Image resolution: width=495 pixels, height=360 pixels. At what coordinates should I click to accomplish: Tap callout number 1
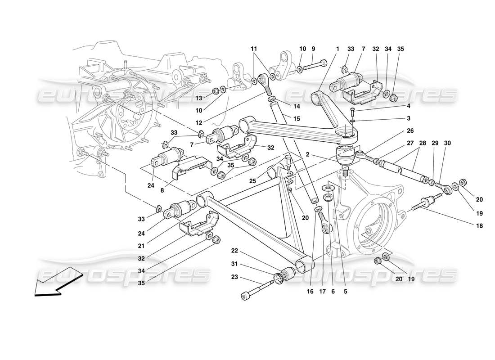coord(337,49)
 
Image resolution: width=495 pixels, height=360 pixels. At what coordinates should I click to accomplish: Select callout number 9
coord(313,49)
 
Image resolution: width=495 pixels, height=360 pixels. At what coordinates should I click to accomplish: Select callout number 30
coord(446,143)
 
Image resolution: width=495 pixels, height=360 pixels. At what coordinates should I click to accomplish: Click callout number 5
coord(345,291)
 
